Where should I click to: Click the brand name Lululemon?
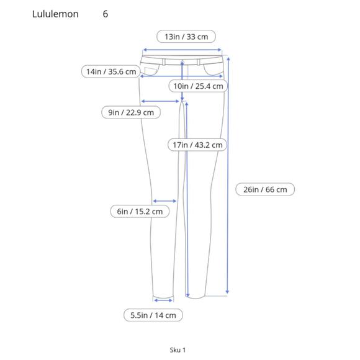point(55,14)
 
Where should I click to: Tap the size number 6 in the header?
point(106,14)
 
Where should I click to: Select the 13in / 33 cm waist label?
point(186,37)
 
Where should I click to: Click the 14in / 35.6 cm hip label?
point(111,71)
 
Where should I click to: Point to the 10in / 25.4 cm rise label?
point(198,86)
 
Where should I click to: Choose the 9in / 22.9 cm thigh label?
point(131,112)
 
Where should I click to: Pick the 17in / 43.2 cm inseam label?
point(197,145)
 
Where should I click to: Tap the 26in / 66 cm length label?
point(265,189)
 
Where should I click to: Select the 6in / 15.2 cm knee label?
point(140,211)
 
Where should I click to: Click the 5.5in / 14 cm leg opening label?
point(153,315)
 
